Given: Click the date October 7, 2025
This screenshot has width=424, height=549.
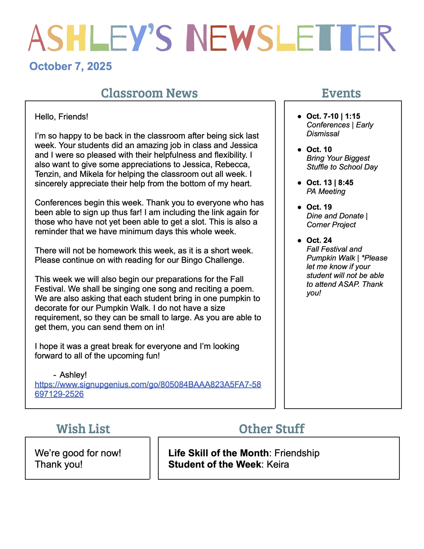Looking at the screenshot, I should tap(70, 66).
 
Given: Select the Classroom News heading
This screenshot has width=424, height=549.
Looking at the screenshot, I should tap(149, 93).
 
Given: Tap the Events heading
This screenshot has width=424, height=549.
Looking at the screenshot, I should tap(341, 93).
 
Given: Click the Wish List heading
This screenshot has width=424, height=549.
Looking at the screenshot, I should tap(83, 429).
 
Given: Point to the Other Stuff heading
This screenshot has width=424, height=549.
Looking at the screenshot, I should tap(271, 429).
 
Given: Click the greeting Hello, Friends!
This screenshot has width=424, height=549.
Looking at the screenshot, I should tap(61, 117).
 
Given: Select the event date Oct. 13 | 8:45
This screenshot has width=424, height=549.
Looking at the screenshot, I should tap(330, 182).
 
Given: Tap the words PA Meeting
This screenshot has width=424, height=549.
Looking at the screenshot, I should tap(326, 192).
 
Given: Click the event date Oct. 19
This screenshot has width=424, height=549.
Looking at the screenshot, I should tap(319, 207).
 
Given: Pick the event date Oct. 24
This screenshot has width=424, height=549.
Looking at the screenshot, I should tap(319, 240).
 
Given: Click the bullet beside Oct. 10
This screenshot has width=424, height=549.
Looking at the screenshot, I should tap(299, 150).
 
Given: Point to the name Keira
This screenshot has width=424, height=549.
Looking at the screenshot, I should tap(278, 465).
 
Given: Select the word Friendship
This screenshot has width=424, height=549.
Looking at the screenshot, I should tap(297, 453).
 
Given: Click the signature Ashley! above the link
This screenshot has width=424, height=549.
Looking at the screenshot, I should tap(73, 375).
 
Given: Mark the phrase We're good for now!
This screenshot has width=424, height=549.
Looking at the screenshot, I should tap(78, 453).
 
